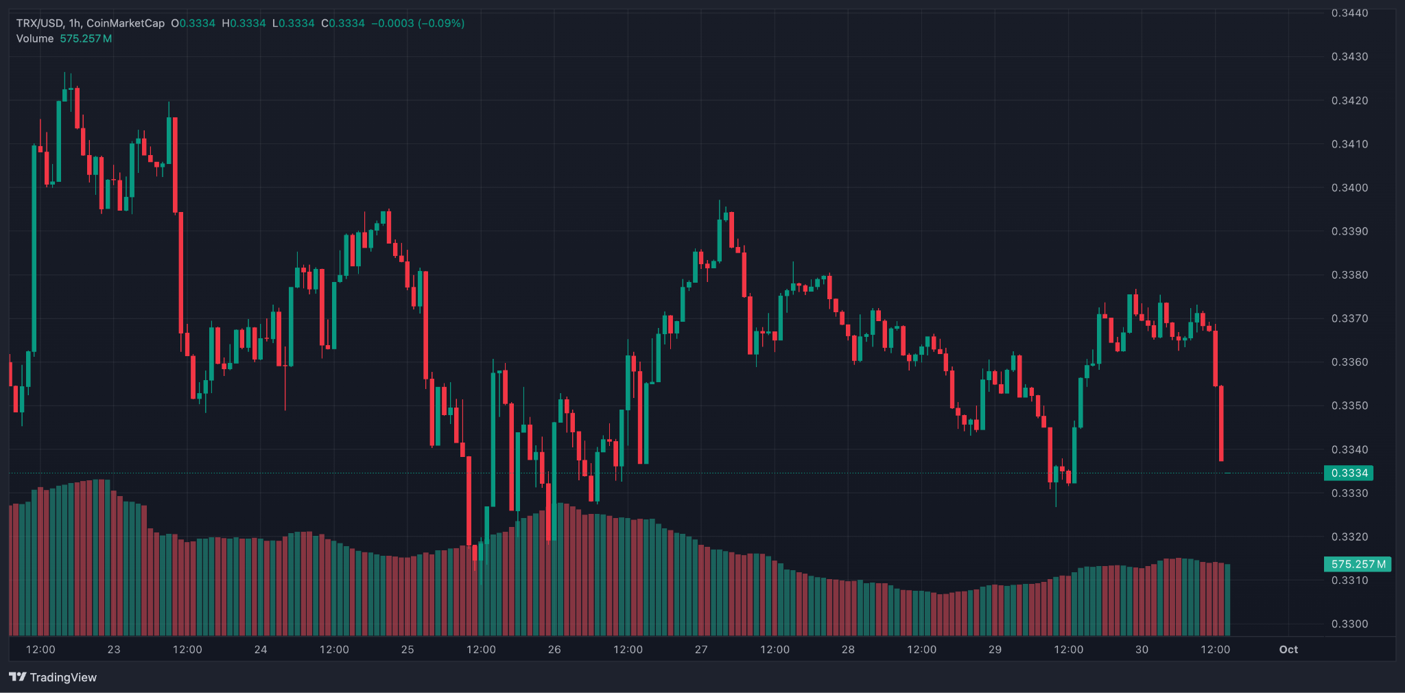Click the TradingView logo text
coord(63,677)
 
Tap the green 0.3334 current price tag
coord(1349,473)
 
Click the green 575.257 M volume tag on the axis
coord(1358,564)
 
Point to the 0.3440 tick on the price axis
coord(1349,13)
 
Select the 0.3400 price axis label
coord(1349,187)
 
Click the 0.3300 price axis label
coord(1349,624)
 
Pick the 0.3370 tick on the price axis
coord(1349,318)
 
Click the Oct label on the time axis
coord(1288,649)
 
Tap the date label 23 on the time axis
coord(114,649)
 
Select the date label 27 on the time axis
coord(701,649)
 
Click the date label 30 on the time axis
coord(1142,649)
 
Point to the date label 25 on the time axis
coord(408,649)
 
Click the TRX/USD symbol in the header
coord(39,23)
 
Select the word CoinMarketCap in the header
coord(126,23)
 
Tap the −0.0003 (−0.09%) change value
coord(418,23)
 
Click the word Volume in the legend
coord(35,38)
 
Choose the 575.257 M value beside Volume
coord(86,38)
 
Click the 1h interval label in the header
coord(74,23)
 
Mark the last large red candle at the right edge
coord(1221,423)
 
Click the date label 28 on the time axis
coord(848,649)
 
